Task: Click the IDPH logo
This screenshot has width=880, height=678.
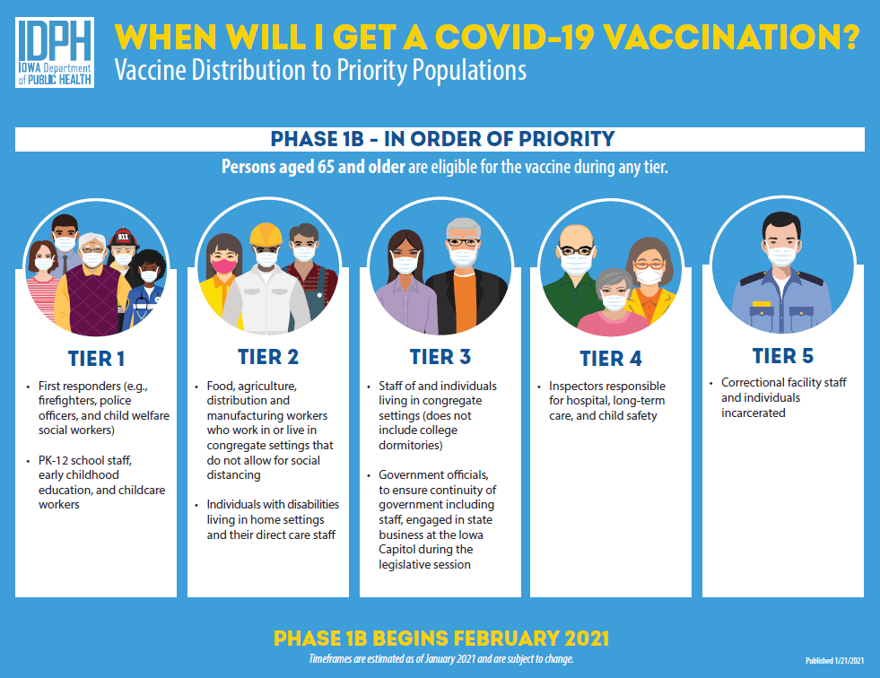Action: point(55,52)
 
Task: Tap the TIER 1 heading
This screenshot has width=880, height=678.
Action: point(96,359)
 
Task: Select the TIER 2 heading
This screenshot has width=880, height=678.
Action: point(268,357)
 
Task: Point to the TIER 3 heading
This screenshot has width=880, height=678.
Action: point(440,357)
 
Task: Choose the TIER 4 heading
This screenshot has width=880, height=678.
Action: point(611,360)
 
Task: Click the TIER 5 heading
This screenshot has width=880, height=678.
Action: point(783,356)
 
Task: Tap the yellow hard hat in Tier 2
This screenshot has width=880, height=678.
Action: point(266,234)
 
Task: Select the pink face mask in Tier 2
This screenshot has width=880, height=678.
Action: point(222,265)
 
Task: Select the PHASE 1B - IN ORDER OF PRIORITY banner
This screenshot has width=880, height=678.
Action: point(440,139)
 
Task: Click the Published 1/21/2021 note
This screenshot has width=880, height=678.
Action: point(834,661)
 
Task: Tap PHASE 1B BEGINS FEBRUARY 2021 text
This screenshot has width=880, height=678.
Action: point(440,639)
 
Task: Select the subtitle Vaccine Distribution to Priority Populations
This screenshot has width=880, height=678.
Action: point(320,69)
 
